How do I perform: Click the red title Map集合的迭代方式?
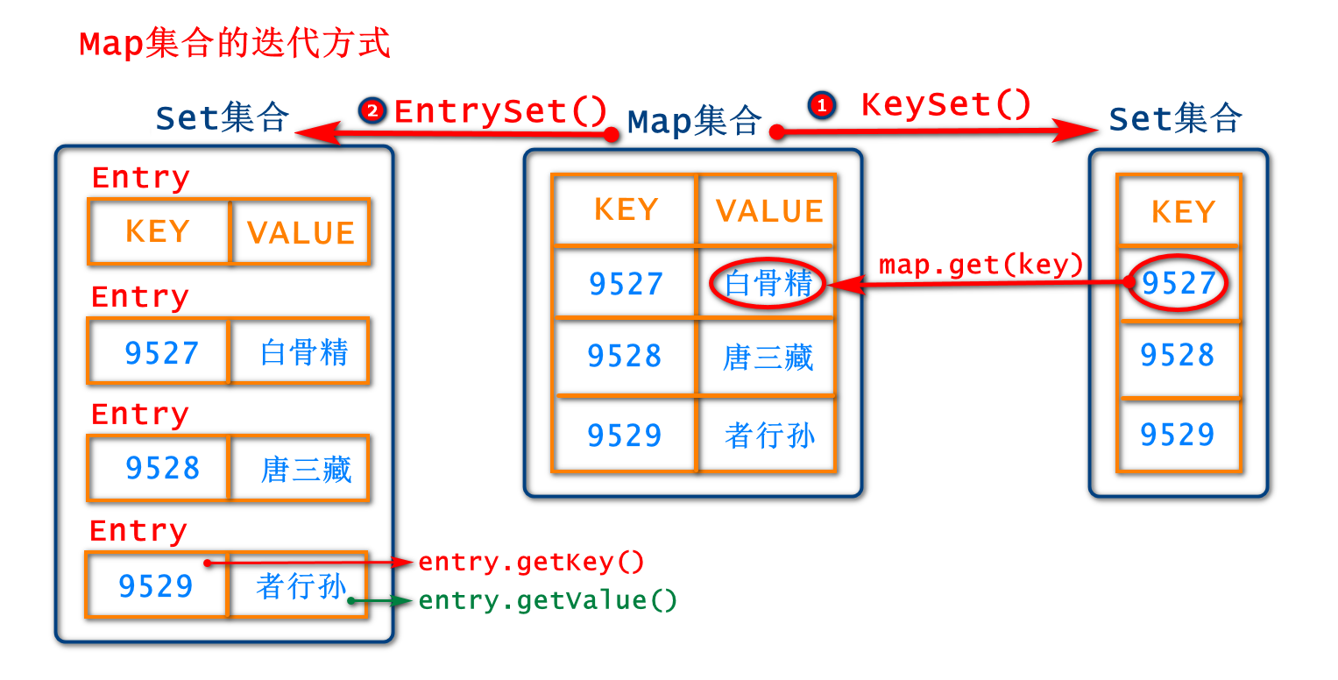coord(235,44)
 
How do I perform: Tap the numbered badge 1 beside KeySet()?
coord(821,106)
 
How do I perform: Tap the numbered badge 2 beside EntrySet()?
coord(372,110)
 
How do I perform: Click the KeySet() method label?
coord(946,105)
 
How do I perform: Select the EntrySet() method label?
coord(500,111)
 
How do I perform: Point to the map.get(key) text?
coord(980,264)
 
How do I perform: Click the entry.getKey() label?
coord(531,562)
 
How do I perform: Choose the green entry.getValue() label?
coord(548,601)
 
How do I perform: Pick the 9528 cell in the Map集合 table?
coord(625,356)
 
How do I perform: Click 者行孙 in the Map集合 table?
coord(769,436)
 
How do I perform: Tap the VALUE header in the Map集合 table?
coord(769,210)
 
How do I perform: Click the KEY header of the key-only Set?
coord(1183,212)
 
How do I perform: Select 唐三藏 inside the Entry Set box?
coord(306,469)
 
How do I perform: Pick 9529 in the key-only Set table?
coord(1178,435)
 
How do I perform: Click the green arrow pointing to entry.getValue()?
coord(381,601)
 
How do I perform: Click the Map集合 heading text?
coord(694,122)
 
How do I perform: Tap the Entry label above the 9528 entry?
coord(139,414)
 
